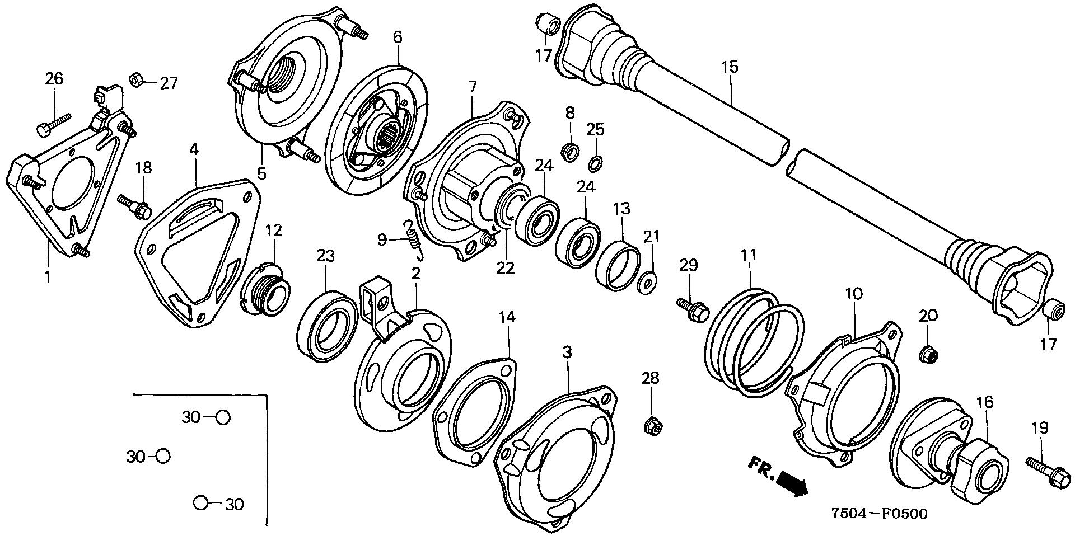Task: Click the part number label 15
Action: click(x=730, y=67)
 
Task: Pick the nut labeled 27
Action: click(x=135, y=80)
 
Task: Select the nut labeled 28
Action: click(x=652, y=426)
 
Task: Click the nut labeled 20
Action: click(x=928, y=354)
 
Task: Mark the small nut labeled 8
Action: click(x=570, y=152)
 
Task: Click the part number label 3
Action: click(x=567, y=352)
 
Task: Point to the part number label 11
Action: click(x=749, y=256)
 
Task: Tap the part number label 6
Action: click(x=397, y=37)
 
